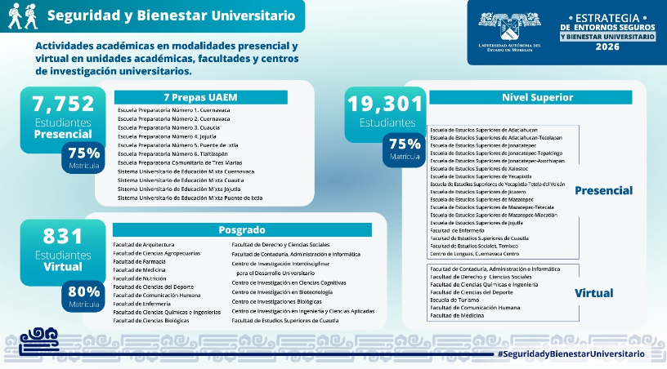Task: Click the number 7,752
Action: click(x=63, y=104)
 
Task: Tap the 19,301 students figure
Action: click(x=386, y=104)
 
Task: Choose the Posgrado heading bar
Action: click(x=242, y=230)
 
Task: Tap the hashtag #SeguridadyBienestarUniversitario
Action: click(x=571, y=353)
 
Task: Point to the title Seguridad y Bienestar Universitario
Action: click(x=171, y=16)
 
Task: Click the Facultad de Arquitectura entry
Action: click(x=144, y=244)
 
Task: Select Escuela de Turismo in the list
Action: click(x=454, y=299)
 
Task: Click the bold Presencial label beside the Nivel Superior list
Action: click(x=603, y=190)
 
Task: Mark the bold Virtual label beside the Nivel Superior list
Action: click(x=593, y=292)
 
